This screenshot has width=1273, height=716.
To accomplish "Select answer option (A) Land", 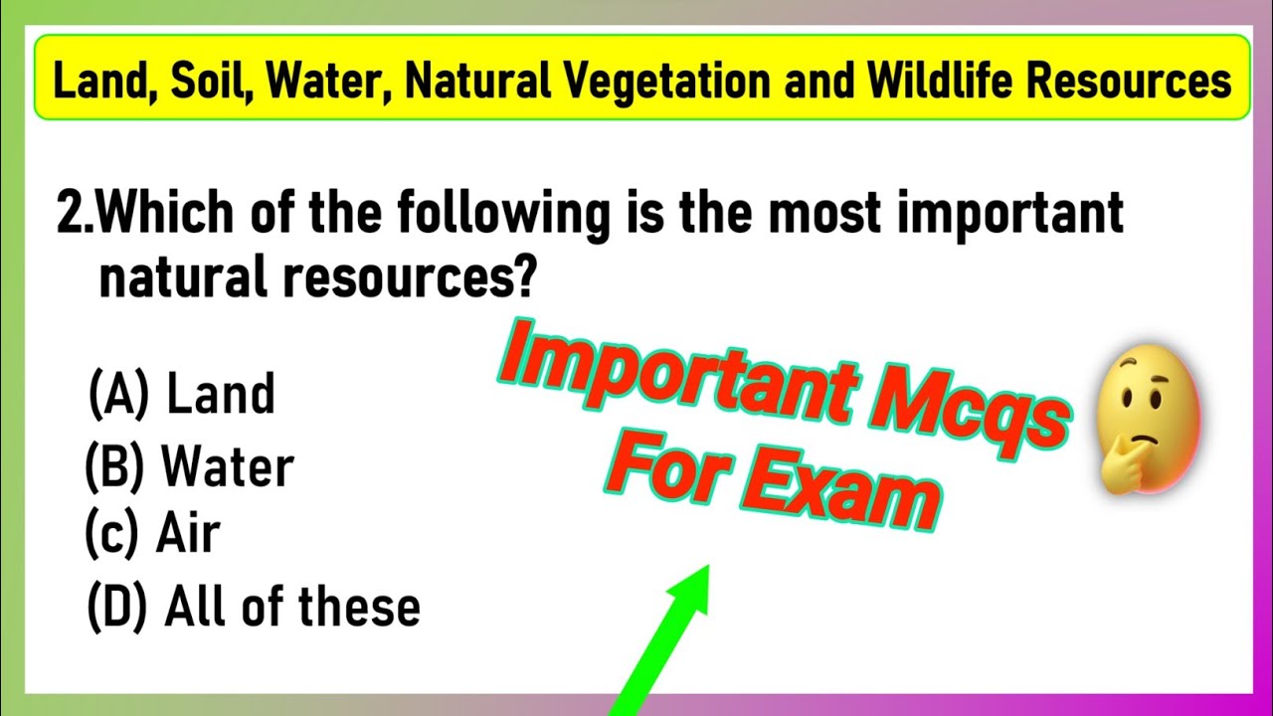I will [182, 394].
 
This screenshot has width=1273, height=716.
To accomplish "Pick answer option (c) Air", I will [153, 535].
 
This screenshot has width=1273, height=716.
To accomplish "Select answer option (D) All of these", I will [254, 606].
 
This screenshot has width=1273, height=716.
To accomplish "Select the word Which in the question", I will [163, 214].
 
